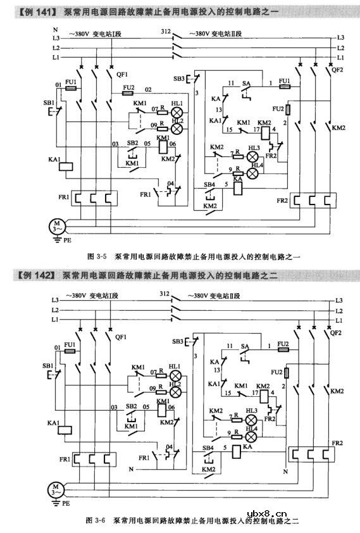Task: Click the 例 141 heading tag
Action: coord(31,11)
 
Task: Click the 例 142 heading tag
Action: coord(31,275)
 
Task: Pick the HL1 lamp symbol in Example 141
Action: coord(177,112)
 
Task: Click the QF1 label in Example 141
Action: coord(123,74)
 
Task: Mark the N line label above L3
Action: coord(56,30)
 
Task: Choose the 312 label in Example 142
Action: coord(166,294)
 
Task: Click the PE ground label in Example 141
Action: coord(65,241)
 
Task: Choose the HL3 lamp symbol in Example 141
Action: coord(252,156)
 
